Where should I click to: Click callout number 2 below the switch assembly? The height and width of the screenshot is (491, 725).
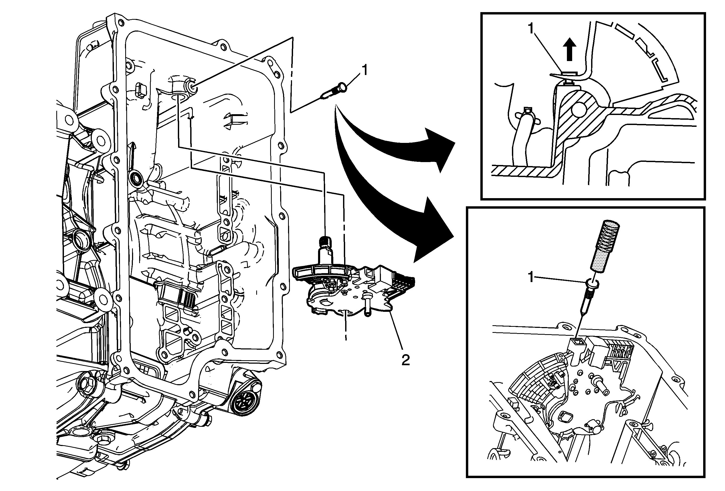[405, 360]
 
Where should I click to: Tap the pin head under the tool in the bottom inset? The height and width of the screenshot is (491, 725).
[591, 283]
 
